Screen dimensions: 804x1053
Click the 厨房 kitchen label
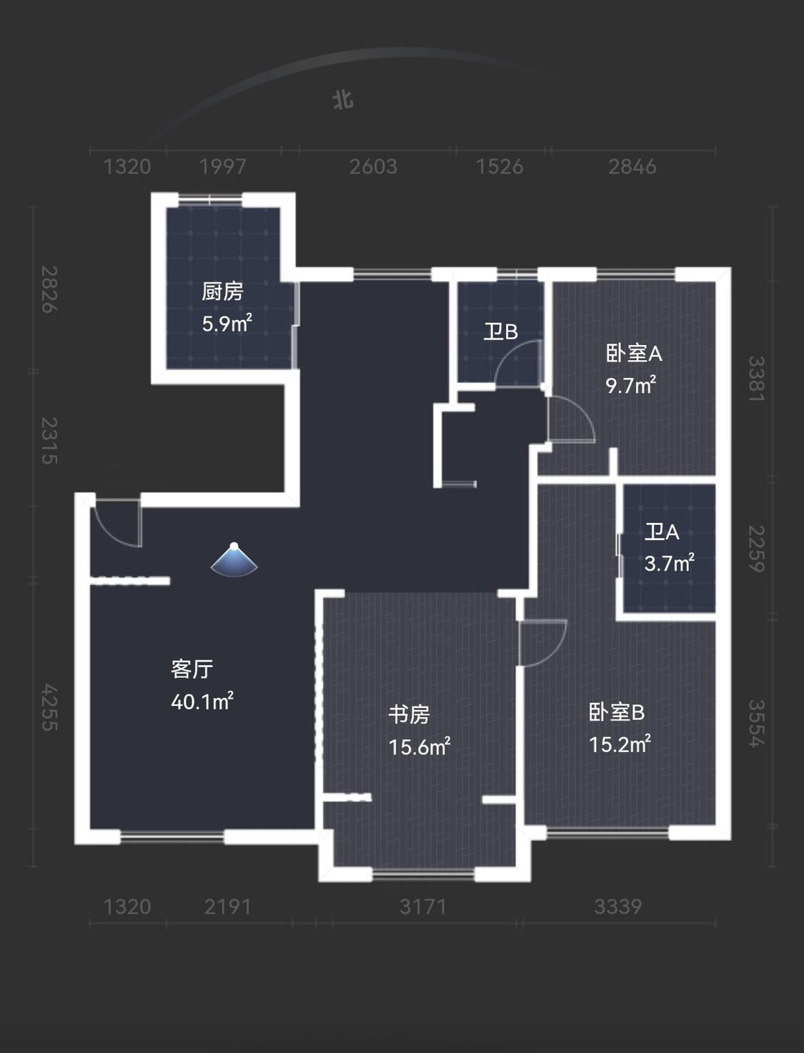pos(222,291)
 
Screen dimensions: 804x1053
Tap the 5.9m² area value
pos(227,324)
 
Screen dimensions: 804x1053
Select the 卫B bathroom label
pos(500,331)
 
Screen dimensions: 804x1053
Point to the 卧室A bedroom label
pos(634,354)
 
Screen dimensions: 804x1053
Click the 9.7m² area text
pos(631,385)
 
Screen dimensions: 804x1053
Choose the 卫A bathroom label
pos(662,532)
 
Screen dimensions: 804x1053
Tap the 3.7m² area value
pos(669,563)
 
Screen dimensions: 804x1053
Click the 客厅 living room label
pos(192,669)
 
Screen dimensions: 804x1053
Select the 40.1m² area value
pos(202,702)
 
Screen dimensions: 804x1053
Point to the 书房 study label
pos(410,714)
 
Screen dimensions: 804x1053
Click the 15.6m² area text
pos(420,747)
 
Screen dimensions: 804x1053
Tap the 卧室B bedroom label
pos(617,712)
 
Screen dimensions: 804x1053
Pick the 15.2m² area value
pos(620,744)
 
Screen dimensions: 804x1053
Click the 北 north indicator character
pos(344,101)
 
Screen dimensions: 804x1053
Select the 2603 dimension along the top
pos(373,167)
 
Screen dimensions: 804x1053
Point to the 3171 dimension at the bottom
pos(423,907)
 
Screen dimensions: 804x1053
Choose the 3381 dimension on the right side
pos(756,379)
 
